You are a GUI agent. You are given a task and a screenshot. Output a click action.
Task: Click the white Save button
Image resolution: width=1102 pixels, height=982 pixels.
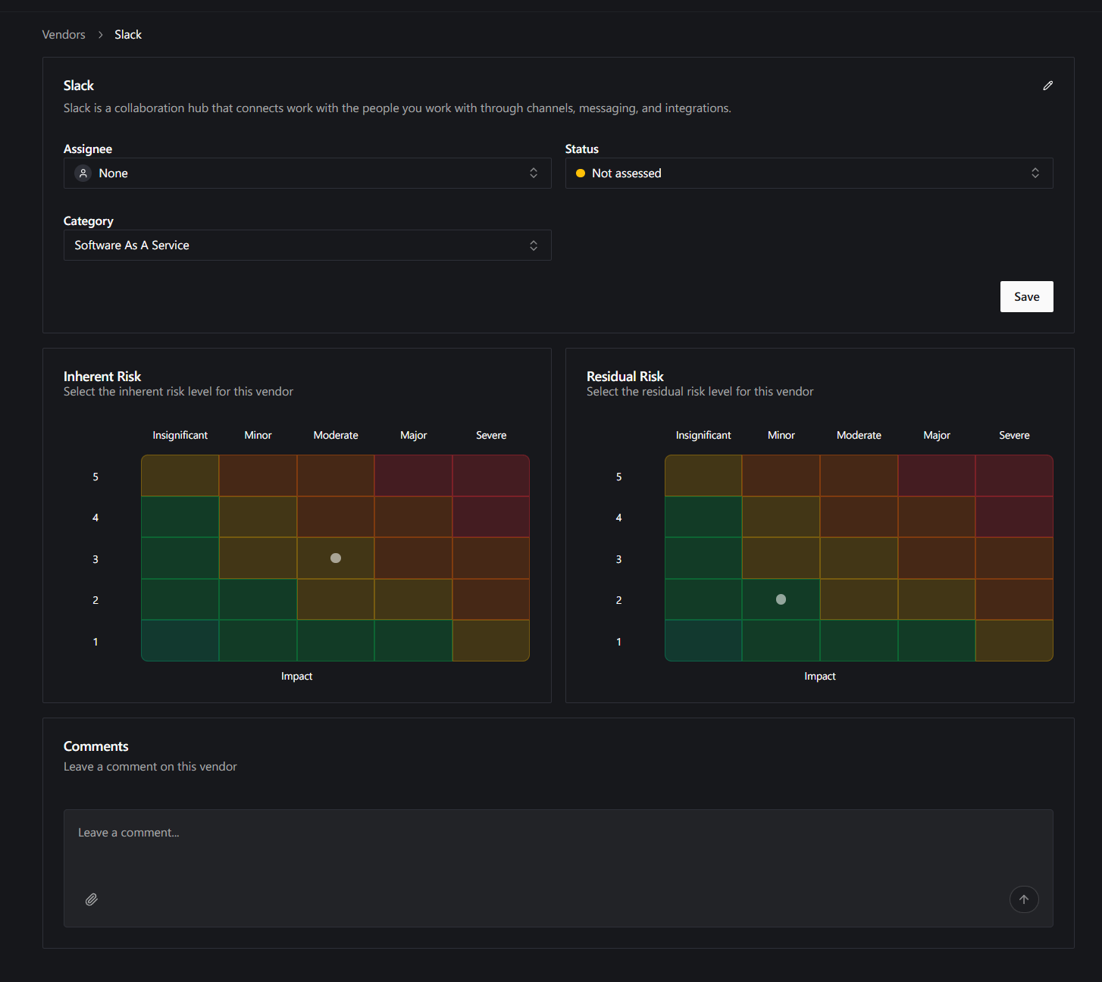click(x=1026, y=296)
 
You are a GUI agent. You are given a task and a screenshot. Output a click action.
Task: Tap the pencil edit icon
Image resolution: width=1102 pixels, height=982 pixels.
click(x=1047, y=86)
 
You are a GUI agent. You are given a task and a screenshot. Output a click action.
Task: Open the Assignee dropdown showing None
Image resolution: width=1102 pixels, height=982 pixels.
click(x=307, y=173)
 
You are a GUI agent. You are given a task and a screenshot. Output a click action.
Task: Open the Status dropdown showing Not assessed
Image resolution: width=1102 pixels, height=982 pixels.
click(x=809, y=173)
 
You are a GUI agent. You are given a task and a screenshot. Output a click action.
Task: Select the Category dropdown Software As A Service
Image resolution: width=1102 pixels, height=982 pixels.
click(x=307, y=245)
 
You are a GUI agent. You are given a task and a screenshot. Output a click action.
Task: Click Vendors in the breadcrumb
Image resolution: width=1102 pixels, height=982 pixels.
click(x=64, y=34)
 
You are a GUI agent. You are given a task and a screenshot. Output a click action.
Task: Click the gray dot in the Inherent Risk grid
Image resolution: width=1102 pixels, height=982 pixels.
click(x=336, y=558)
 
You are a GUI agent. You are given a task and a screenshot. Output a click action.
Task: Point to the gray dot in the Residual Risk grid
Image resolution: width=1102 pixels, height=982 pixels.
click(x=781, y=599)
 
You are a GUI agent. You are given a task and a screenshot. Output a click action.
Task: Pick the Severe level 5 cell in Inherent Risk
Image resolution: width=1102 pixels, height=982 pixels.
click(x=490, y=475)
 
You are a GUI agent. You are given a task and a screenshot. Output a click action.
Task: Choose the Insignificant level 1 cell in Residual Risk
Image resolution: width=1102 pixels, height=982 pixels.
click(x=703, y=640)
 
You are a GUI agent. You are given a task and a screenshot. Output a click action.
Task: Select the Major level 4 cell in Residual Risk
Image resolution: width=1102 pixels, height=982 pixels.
click(x=936, y=517)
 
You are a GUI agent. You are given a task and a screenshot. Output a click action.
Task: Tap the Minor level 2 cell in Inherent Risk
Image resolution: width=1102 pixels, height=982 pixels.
click(x=258, y=599)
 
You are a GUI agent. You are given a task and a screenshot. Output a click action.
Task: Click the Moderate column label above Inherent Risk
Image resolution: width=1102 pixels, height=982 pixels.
click(x=336, y=435)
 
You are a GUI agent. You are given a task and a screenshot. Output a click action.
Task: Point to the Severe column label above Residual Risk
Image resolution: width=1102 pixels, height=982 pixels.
click(x=1014, y=435)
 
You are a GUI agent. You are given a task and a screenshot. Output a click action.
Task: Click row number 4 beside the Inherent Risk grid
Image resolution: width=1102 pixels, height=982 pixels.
click(x=95, y=518)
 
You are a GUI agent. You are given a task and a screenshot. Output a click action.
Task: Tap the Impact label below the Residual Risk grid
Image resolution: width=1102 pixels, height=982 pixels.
click(x=820, y=676)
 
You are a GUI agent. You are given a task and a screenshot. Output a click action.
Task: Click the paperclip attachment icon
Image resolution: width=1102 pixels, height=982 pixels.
click(x=92, y=899)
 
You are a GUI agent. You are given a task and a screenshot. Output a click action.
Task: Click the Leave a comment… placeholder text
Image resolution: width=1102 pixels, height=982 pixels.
click(x=128, y=833)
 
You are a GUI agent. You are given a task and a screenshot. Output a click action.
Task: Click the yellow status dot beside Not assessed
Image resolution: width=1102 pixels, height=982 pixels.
click(x=581, y=173)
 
